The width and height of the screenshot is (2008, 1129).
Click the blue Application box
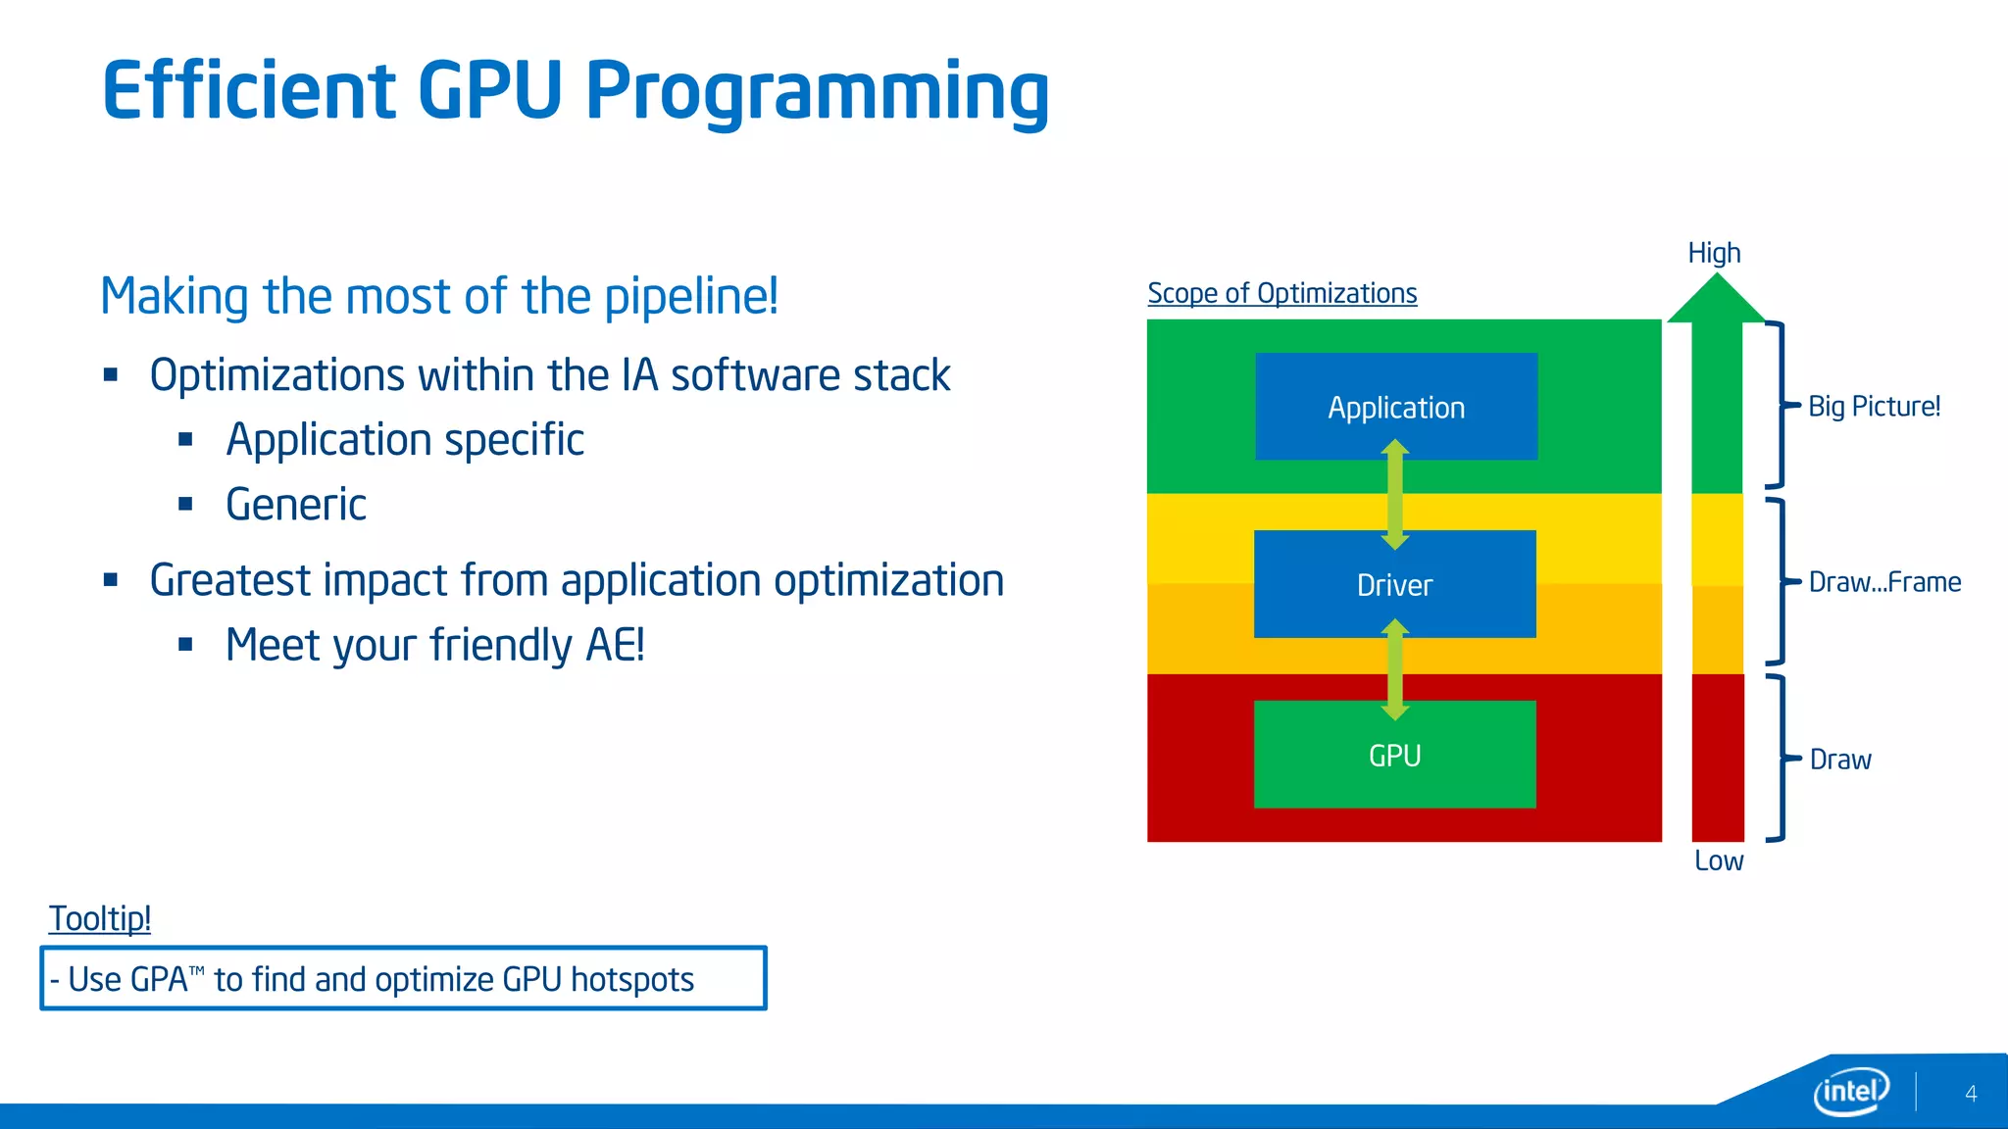pyautogui.click(x=1396, y=407)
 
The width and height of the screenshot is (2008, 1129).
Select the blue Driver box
pyautogui.click(x=1394, y=585)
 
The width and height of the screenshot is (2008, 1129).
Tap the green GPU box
pyautogui.click(x=1394, y=755)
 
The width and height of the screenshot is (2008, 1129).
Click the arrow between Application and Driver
pyautogui.click(x=1395, y=495)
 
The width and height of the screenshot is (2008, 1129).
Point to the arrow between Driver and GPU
pyautogui.click(x=1395, y=669)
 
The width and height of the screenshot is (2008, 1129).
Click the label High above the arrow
pyautogui.click(x=1714, y=253)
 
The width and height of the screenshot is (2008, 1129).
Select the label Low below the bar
pyautogui.click(x=1719, y=860)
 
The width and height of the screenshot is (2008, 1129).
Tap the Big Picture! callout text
pyautogui.click(x=1874, y=406)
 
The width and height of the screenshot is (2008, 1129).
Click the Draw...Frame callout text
pyautogui.click(x=1884, y=582)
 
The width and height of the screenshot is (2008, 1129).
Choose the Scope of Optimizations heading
pyautogui.click(x=1281, y=293)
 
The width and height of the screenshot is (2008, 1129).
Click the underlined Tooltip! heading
pyautogui.click(x=100, y=918)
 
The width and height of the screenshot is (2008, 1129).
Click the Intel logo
pyautogui.click(x=1850, y=1091)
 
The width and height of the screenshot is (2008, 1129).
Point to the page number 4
pyautogui.click(x=1971, y=1094)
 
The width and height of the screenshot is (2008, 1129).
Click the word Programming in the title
pyautogui.click(x=817, y=91)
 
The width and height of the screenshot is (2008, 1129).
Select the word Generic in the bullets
pyautogui.click(x=296, y=505)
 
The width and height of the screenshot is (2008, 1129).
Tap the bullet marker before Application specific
pyautogui.click(x=186, y=440)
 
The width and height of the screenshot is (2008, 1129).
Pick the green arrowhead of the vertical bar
pyautogui.click(x=1716, y=300)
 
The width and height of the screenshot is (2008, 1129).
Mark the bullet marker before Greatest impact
pyautogui.click(x=111, y=580)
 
